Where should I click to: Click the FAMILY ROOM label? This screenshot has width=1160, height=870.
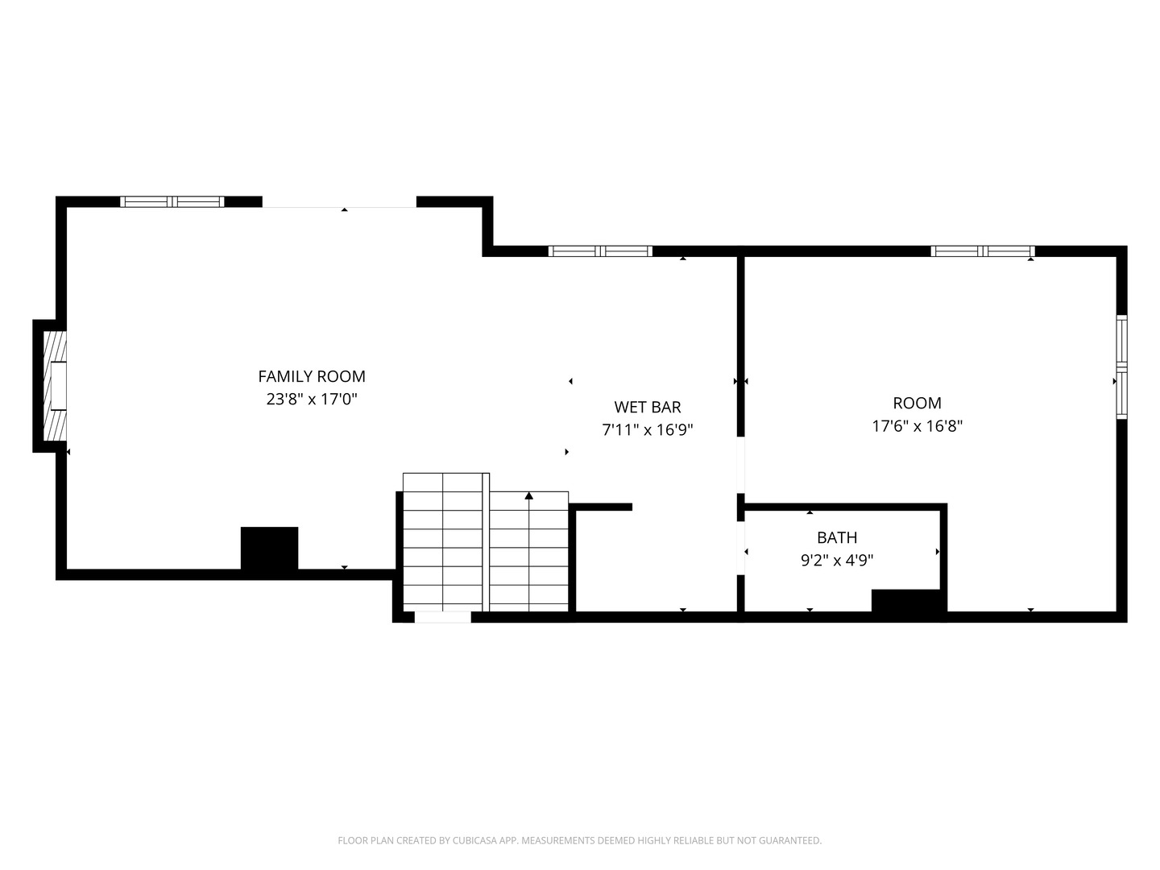coord(311,376)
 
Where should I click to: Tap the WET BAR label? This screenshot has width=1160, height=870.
coord(648,407)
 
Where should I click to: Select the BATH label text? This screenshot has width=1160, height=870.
coord(837,537)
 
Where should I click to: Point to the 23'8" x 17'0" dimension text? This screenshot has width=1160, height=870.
coord(311,399)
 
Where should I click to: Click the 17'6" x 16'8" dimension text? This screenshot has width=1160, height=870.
coord(917,426)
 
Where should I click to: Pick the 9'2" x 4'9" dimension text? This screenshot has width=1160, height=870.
coord(837,560)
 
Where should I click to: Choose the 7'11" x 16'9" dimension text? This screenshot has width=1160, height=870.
coord(648,429)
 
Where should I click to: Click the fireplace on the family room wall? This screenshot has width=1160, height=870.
coord(55,386)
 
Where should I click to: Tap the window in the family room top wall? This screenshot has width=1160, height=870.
coord(172,201)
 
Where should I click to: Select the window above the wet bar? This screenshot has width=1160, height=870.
coord(600,251)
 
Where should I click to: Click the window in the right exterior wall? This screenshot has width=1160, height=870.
coord(1121,367)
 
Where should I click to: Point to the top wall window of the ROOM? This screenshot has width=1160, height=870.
coord(983,251)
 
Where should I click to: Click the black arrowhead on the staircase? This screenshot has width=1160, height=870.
coord(529,495)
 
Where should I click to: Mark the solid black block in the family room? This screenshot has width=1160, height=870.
coord(270,549)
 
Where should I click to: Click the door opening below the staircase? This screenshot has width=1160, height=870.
coord(442,618)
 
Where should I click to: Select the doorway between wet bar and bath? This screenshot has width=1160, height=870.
coord(741,548)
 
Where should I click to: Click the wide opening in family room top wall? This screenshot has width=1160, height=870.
coord(339,202)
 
